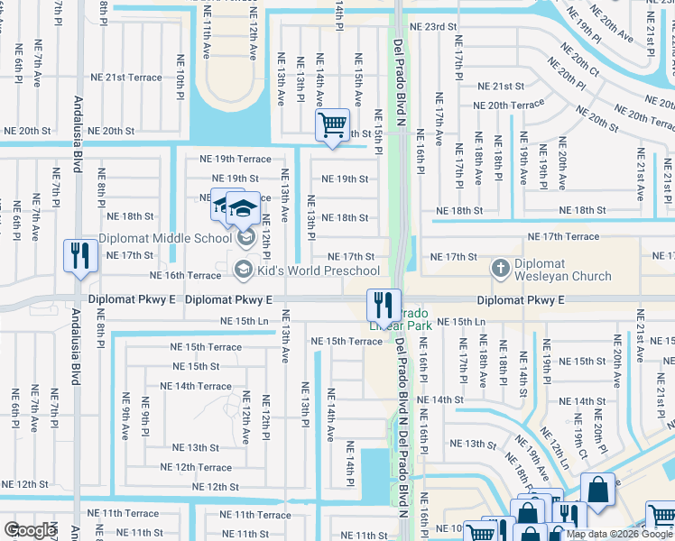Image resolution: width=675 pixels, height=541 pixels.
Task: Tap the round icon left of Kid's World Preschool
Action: [242, 270]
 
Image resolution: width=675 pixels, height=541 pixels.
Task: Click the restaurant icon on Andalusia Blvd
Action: [80, 256]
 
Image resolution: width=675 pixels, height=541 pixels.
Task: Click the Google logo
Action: [30, 530]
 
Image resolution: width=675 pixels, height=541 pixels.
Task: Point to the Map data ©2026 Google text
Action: [619, 534]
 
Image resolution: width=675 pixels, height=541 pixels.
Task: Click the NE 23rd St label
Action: [433, 28]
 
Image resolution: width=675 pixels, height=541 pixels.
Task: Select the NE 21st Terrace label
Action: [133, 78]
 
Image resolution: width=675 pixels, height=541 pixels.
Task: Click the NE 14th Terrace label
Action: [196, 386]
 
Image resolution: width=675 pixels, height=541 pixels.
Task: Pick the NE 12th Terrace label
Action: [196, 467]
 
